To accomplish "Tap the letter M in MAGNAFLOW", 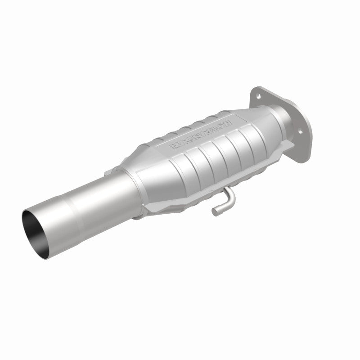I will point(173,147).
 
